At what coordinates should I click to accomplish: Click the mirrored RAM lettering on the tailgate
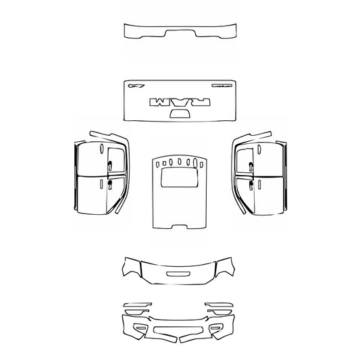pos(180,102)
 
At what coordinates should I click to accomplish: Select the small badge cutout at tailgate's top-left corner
pos(138,86)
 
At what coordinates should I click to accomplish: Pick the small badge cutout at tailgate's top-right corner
pos(221,86)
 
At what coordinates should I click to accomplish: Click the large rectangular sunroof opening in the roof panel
pos(179,178)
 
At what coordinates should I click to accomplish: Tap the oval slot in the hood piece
pos(179,274)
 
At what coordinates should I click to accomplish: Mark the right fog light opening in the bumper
pos(217,328)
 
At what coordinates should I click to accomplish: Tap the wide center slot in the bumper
pos(178,330)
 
